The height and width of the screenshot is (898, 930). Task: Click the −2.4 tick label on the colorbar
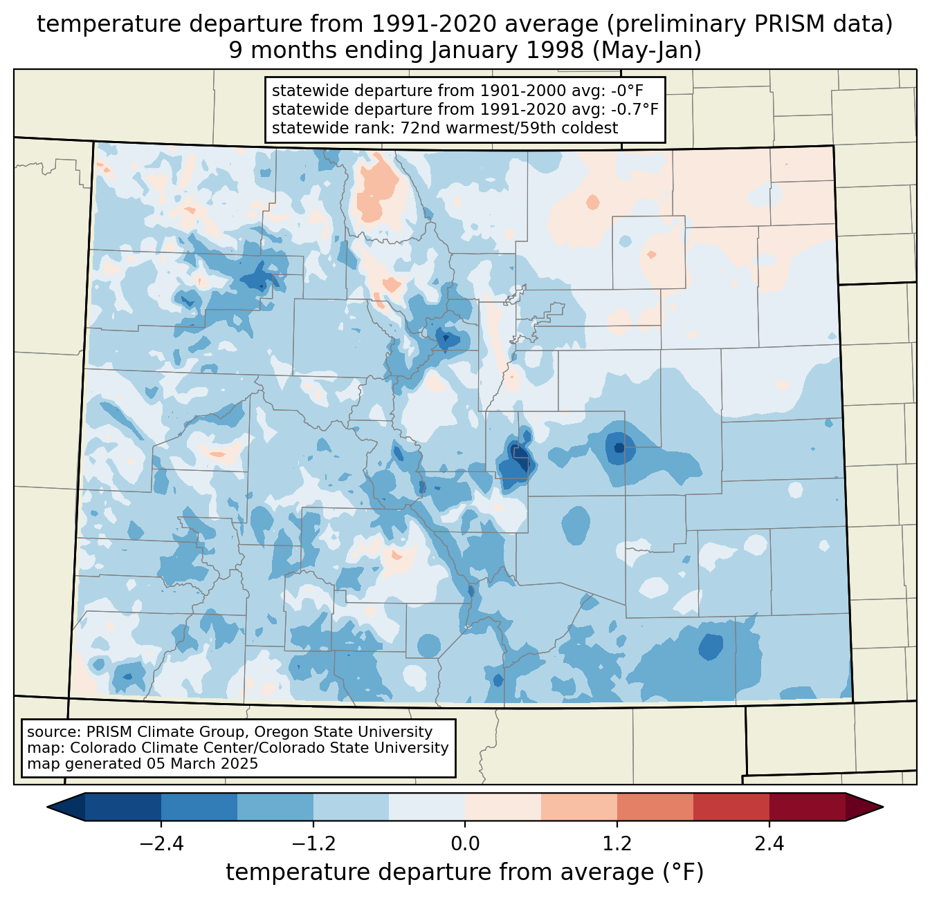point(161,844)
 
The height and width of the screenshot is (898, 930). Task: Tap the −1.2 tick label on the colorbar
point(313,844)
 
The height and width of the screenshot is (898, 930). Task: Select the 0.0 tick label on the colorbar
point(465,844)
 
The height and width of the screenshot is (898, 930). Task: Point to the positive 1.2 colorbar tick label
point(617,844)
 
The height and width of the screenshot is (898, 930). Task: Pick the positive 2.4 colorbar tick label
point(769,844)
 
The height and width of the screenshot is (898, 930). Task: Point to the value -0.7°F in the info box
point(633,109)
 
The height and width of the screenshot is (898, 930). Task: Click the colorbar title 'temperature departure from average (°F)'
point(465,872)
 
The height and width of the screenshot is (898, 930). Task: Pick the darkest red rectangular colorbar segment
point(807,807)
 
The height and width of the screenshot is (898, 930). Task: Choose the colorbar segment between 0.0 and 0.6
point(503,807)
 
